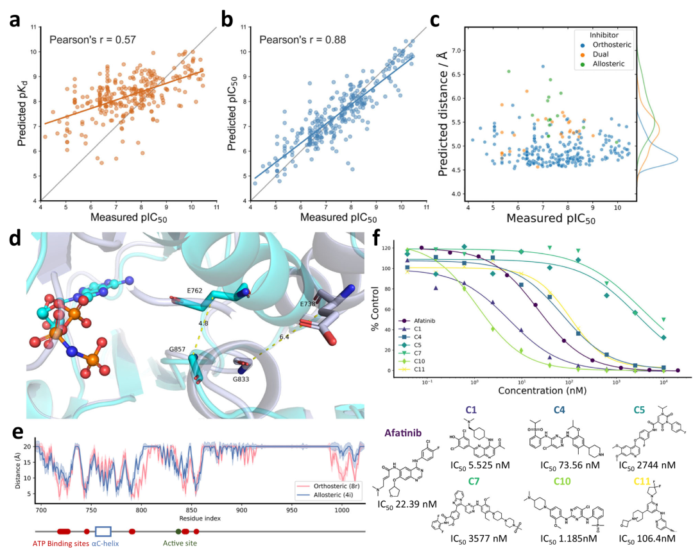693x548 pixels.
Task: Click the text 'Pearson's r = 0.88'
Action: coord(302,40)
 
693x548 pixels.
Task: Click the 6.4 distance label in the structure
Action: coord(284,354)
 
